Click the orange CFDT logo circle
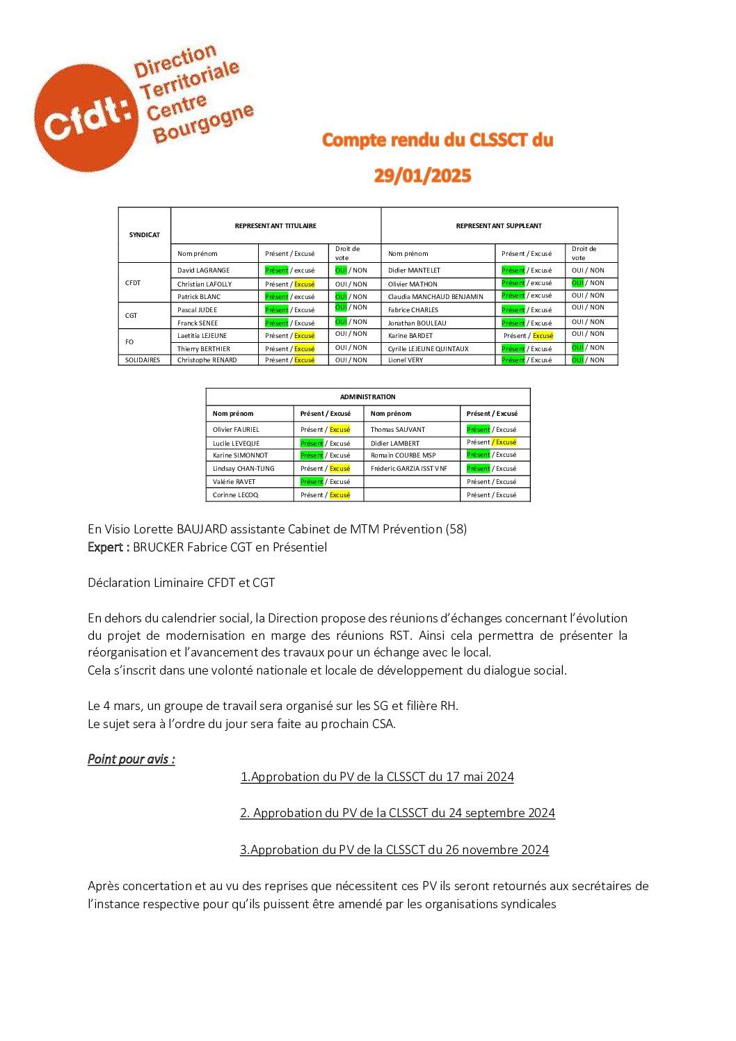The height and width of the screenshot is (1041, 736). (85, 118)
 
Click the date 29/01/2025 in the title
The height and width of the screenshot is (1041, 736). (422, 176)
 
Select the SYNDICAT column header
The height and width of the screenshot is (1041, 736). (144, 235)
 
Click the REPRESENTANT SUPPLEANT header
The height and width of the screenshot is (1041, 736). (498, 226)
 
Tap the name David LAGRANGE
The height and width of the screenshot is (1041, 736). (203, 271)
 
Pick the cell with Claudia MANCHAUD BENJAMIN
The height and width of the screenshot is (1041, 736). (435, 297)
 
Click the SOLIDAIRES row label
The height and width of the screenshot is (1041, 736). (143, 360)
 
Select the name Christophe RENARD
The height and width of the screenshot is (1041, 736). (207, 360)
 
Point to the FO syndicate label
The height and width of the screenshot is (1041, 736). (129, 342)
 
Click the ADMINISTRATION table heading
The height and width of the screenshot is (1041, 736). (367, 397)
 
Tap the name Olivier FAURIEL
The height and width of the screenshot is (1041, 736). (236, 430)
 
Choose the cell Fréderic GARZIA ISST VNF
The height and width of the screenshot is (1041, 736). (408, 469)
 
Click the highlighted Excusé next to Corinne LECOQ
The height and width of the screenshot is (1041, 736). (339, 495)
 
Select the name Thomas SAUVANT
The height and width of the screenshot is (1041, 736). (397, 430)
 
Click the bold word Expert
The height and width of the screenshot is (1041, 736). (107, 547)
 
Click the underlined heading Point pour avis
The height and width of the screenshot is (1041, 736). (131, 759)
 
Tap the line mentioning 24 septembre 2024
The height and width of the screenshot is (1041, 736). (397, 813)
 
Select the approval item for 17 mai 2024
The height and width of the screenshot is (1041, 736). (377, 777)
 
